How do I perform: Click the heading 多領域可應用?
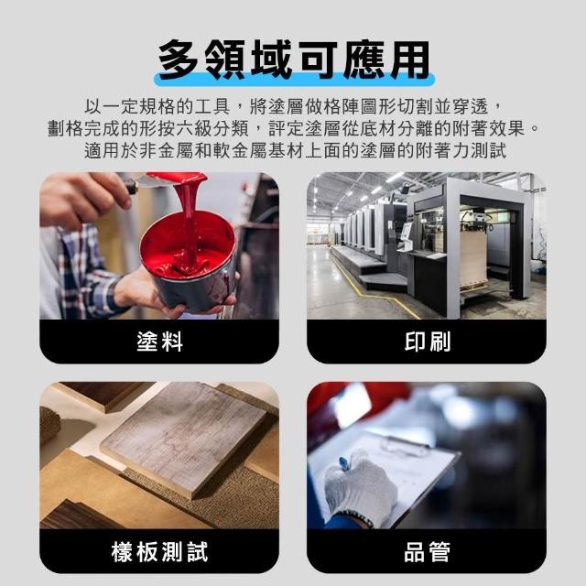click(294, 60)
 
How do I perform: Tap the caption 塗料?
click(159, 342)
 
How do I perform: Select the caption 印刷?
click(428, 342)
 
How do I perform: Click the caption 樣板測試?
click(159, 551)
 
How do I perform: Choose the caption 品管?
click(428, 551)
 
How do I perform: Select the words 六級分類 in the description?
click(212, 129)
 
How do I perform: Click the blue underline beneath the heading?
click(294, 80)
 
